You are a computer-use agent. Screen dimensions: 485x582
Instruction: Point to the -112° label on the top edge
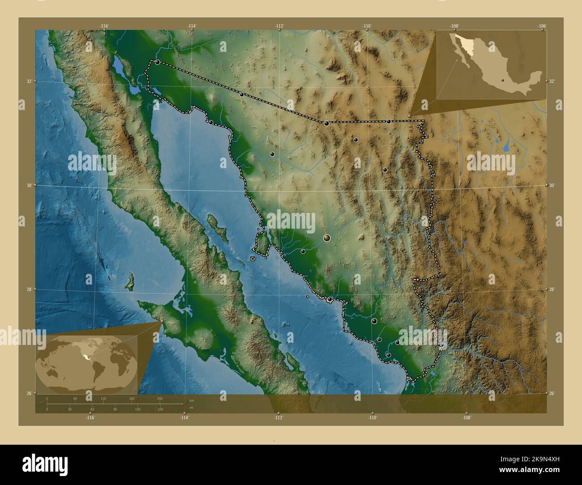(279, 26)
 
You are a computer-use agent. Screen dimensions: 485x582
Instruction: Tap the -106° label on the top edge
(542, 26)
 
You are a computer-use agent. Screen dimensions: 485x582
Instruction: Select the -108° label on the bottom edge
(467, 417)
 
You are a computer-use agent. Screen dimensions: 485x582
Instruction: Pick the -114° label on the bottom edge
(184, 417)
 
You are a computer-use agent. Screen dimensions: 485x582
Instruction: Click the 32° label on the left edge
(29, 81)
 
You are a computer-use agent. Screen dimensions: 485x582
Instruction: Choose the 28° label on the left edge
(29, 289)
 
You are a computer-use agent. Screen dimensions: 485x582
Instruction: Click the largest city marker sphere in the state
(327, 238)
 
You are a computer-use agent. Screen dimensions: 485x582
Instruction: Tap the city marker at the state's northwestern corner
(158, 62)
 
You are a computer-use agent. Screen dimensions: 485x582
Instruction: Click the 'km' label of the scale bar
(192, 400)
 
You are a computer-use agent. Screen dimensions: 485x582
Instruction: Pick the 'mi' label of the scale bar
(191, 407)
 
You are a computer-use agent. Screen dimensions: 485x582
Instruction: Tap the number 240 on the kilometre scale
(159, 398)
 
